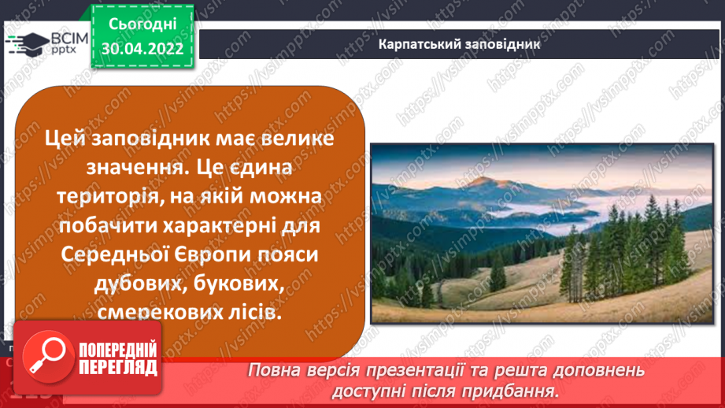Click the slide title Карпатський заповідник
[459, 44]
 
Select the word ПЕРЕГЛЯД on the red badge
[118, 368]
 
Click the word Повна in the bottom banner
[276, 371]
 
